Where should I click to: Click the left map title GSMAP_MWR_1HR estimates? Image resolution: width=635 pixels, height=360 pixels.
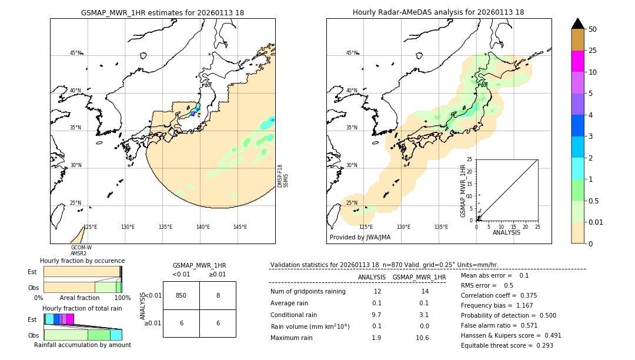point(162,12)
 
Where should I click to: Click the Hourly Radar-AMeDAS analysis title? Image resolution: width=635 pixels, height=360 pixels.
point(438,12)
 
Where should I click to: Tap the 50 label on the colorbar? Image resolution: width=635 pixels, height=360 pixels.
point(593,29)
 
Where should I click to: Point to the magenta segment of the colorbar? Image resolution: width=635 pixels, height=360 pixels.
point(577,61)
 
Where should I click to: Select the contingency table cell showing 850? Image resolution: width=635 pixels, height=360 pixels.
point(181,295)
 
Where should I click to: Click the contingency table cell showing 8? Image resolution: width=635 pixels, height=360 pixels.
point(218,295)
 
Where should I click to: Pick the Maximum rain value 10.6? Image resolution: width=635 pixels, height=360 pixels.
point(422,338)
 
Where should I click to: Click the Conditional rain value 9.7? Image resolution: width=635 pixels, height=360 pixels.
point(376,315)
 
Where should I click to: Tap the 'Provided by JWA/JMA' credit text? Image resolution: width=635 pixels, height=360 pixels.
point(360,238)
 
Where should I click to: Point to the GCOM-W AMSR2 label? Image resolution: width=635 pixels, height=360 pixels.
point(81,251)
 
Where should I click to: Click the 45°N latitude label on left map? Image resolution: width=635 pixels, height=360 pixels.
point(75,53)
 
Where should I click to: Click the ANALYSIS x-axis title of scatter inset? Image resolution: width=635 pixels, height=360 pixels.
point(507,233)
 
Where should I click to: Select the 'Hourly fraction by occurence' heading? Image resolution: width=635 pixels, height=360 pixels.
point(82,261)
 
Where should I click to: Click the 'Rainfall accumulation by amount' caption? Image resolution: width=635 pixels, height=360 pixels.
point(82,345)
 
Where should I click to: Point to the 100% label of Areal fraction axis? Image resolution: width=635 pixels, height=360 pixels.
point(122,298)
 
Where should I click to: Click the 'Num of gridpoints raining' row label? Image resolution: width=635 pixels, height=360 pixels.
point(308,292)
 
